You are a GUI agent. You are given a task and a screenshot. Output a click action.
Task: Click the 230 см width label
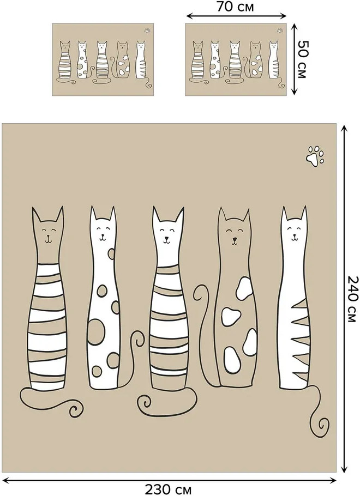[x=168, y=489]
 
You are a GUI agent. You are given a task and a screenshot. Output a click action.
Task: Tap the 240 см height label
[x=353, y=299]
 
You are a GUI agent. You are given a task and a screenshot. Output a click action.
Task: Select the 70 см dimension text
[x=235, y=7]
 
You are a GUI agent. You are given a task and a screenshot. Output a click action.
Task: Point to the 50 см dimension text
[x=302, y=59]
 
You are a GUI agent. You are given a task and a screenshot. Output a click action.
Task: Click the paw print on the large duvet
[x=315, y=156]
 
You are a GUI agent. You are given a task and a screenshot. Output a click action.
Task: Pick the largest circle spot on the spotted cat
[x=96, y=331]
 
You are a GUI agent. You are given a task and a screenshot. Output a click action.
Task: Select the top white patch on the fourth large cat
[x=244, y=288]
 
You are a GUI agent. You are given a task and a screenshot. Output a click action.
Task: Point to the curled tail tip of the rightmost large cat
[x=322, y=425]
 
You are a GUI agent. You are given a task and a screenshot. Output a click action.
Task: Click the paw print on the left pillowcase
[x=147, y=31]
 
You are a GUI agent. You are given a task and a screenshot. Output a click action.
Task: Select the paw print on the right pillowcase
[x=280, y=31]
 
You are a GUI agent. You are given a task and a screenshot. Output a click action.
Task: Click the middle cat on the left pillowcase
[x=102, y=61]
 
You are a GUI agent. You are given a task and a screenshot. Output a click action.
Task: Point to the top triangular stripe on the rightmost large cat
[x=301, y=305]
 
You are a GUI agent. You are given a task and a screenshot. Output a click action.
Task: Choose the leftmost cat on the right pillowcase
[x=197, y=61]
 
